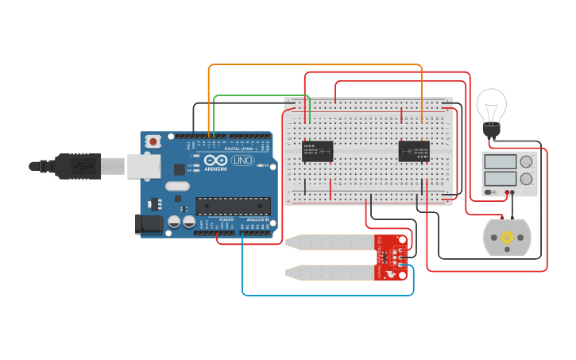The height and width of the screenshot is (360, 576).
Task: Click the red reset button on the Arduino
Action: pos(153,141)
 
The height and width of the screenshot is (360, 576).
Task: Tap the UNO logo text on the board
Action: pos(242,161)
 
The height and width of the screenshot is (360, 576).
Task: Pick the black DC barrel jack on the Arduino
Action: pos(151,225)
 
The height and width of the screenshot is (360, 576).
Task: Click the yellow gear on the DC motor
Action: pos(506,237)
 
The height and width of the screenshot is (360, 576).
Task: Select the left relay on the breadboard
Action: pos(318,150)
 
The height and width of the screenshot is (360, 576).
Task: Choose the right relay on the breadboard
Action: pos(414,150)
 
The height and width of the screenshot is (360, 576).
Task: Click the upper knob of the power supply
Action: pos(526,162)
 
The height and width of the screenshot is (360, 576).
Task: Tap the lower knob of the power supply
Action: pos(526,180)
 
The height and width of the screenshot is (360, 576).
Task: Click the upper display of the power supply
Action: pos(501,162)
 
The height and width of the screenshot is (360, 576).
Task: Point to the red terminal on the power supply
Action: pos(506,192)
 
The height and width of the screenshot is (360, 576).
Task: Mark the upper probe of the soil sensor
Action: pos(330,242)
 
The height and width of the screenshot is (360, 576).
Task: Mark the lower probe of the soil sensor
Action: pos(330,273)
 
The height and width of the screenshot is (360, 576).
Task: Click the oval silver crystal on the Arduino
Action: pos(178,187)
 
